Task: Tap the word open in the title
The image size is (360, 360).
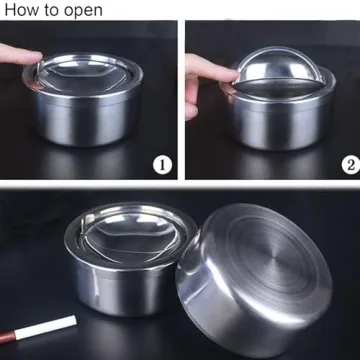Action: point(83,10)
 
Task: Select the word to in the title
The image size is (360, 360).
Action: point(54,10)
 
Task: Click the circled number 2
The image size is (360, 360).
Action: point(346,163)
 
